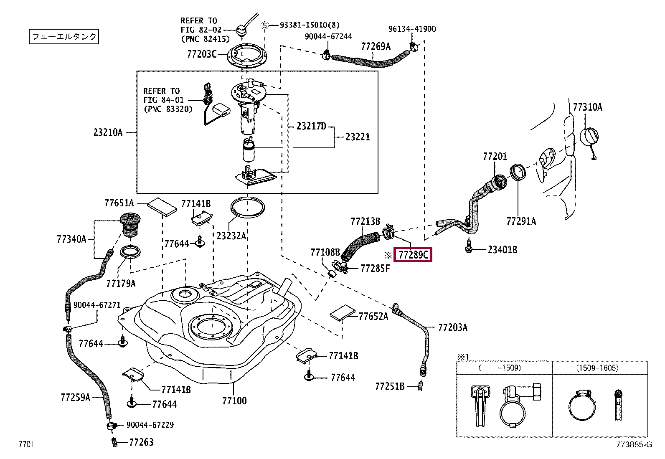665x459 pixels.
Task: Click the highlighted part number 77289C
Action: (x=414, y=254)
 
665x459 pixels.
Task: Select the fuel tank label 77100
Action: (x=234, y=401)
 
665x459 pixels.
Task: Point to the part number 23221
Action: (x=358, y=137)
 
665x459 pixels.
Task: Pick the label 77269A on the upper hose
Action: (x=376, y=46)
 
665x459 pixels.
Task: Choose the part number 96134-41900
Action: (x=412, y=29)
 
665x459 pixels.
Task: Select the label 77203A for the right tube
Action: (x=453, y=327)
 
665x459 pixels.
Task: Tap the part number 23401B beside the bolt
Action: (x=503, y=250)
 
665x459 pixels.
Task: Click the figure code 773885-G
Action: (x=634, y=445)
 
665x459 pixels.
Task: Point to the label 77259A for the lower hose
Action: (x=75, y=397)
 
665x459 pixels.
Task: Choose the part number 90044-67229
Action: (x=150, y=425)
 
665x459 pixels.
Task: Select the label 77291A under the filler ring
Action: (x=521, y=221)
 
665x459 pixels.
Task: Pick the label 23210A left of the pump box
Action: (x=108, y=132)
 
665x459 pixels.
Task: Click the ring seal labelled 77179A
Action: (x=130, y=252)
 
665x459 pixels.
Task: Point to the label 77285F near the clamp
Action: (x=375, y=268)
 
